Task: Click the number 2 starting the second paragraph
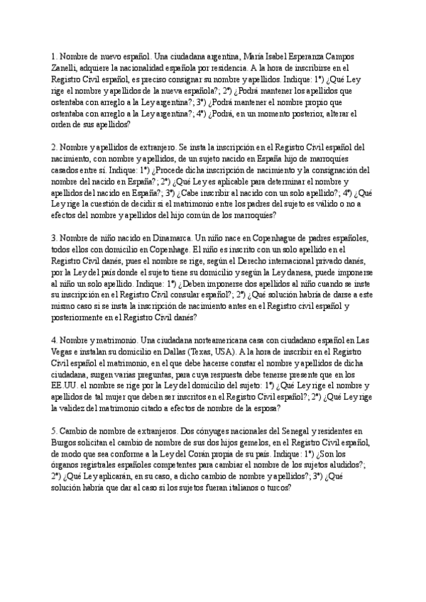pyautogui.click(x=54, y=147)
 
